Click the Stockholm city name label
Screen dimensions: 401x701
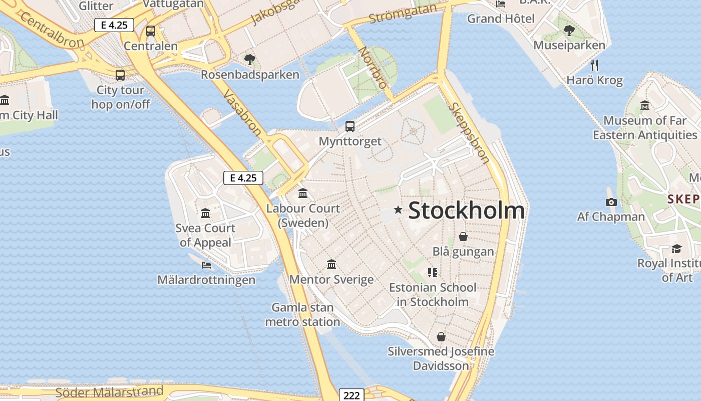coord(467,211)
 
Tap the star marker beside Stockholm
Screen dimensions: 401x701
coord(398,210)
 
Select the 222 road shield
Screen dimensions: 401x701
coord(352,395)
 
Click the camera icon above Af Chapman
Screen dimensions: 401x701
coord(611,202)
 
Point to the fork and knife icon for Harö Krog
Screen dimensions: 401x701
coord(594,65)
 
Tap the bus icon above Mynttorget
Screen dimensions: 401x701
coord(350,126)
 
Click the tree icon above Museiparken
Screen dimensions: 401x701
coord(569,31)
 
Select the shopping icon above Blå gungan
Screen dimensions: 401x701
coord(463,236)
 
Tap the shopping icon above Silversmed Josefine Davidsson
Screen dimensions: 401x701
coord(441,336)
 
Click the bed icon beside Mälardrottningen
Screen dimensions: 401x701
coord(206,265)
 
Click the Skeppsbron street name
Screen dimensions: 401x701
coord(470,133)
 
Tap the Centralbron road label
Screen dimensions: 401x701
coord(52,31)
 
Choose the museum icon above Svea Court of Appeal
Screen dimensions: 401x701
coord(205,214)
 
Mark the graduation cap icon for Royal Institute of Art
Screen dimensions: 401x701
coord(676,249)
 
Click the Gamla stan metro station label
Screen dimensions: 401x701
coord(302,314)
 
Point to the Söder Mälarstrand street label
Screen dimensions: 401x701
coord(109,391)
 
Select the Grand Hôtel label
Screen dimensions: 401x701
coord(501,19)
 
